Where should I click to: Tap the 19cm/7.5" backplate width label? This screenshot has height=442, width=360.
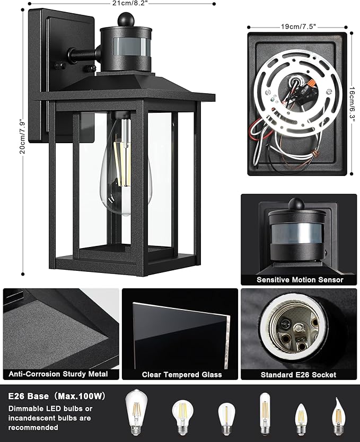(298, 26)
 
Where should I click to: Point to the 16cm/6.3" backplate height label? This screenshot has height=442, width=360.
(352, 104)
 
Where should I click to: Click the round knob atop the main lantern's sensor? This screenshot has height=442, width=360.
(126, 19)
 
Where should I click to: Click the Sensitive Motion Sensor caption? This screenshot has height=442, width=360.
(300, 280)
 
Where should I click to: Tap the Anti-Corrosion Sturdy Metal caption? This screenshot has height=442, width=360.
(58, 374)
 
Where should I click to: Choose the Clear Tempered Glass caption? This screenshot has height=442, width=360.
(182, 375)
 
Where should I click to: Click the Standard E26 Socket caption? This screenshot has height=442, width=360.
(298, 375)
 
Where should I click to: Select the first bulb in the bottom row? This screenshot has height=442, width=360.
(136, 412)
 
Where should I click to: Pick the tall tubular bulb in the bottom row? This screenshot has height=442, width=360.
(265, 413)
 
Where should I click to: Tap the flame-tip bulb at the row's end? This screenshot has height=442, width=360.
(338, 417)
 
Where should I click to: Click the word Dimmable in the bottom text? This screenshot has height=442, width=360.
(25, 409)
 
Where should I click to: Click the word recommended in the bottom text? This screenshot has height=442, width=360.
(33, 428)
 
